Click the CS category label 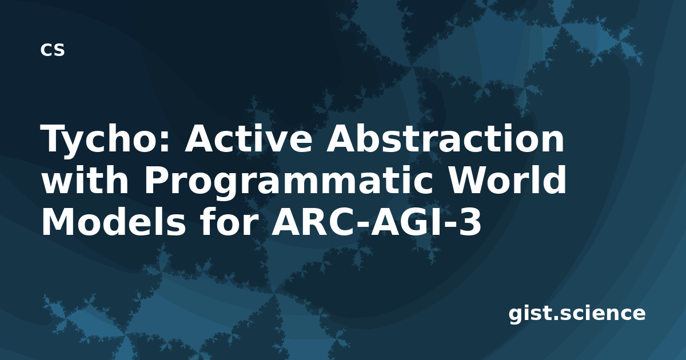53,50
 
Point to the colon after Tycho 165,142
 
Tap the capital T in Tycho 54,138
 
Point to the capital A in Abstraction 341,138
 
